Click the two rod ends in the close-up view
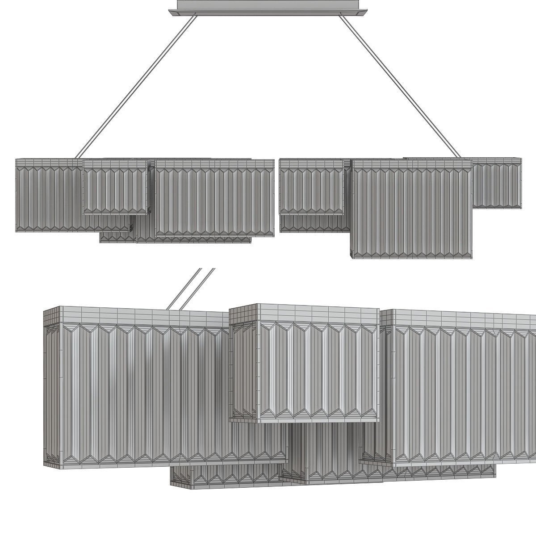pyautogui.click(x=190, y=288)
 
